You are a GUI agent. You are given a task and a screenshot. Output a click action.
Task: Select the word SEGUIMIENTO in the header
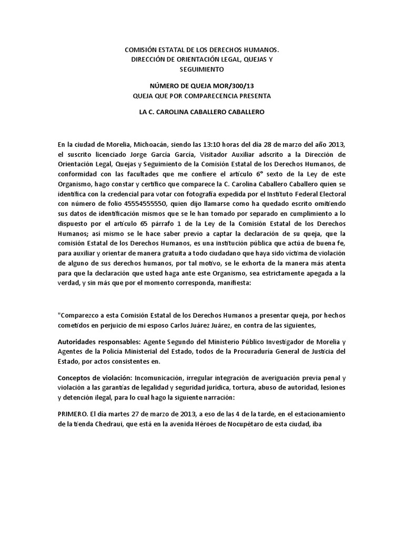coord(201,69)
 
